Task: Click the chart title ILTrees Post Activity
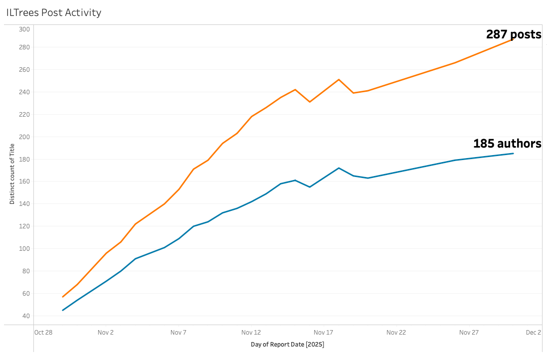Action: [54, 12]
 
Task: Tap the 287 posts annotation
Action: [514, 34]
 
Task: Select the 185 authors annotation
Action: [507, 144]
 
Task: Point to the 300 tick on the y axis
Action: [24, 29]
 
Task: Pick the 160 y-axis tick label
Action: [24, 181]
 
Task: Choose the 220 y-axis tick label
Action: [24, 114]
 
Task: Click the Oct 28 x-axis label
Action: [43, 333]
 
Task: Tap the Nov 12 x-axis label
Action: [251, 333]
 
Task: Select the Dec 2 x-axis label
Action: [533, 333]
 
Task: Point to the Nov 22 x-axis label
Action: [396, 333]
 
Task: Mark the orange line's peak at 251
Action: [339, 79]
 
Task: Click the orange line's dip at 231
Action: [310, 102]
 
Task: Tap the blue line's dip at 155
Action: [310, 187]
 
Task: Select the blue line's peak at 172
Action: [339, 168]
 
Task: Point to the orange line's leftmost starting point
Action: [63, 297]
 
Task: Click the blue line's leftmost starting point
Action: [63, 310]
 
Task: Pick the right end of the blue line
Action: [513, 153]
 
